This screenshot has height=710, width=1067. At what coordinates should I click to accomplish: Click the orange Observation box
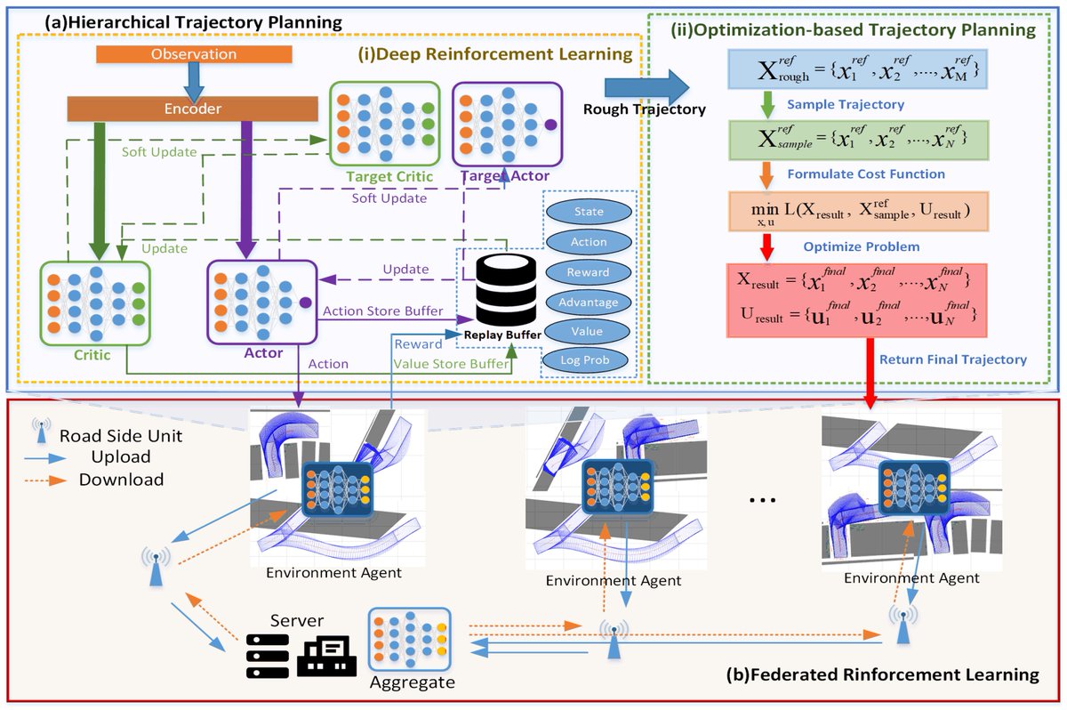tap(194, 54)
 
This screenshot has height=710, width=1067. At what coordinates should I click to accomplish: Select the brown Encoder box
tap(192, 109)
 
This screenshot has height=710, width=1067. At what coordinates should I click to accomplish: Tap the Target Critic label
tap(389, 177)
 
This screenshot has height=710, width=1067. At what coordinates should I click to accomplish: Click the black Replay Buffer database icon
tap(506, 289)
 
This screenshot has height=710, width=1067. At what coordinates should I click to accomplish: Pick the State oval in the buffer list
tap(589, 212)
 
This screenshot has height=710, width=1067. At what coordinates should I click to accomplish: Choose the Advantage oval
tap(589, 303)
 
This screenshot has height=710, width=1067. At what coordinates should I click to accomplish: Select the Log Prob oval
tap(585, 360)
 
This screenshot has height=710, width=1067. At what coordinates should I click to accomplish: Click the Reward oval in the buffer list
tap(589, 272)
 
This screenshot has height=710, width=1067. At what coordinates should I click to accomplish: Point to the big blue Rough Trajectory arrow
tap(647, 88)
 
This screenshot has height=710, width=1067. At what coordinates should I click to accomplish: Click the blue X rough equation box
tap(857, 69)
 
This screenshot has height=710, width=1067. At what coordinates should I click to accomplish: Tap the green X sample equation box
tap(858, 140)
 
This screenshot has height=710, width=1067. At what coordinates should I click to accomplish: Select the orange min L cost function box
tap(858, 212)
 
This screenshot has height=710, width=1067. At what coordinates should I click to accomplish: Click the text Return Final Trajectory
tap(952, 359)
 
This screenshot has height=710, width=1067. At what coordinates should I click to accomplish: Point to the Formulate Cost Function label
tap(866, 174)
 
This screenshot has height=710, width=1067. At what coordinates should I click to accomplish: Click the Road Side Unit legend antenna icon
tap(42, 431)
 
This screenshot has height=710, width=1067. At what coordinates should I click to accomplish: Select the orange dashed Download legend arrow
tap(45, 480)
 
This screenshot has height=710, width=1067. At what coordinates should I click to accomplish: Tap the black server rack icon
tap(268, 656)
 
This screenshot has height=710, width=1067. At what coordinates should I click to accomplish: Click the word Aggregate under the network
tap(413, 682)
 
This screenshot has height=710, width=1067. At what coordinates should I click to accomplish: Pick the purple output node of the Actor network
tap(306, 303)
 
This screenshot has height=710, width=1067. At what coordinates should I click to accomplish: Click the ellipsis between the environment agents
tap(762, 500)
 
